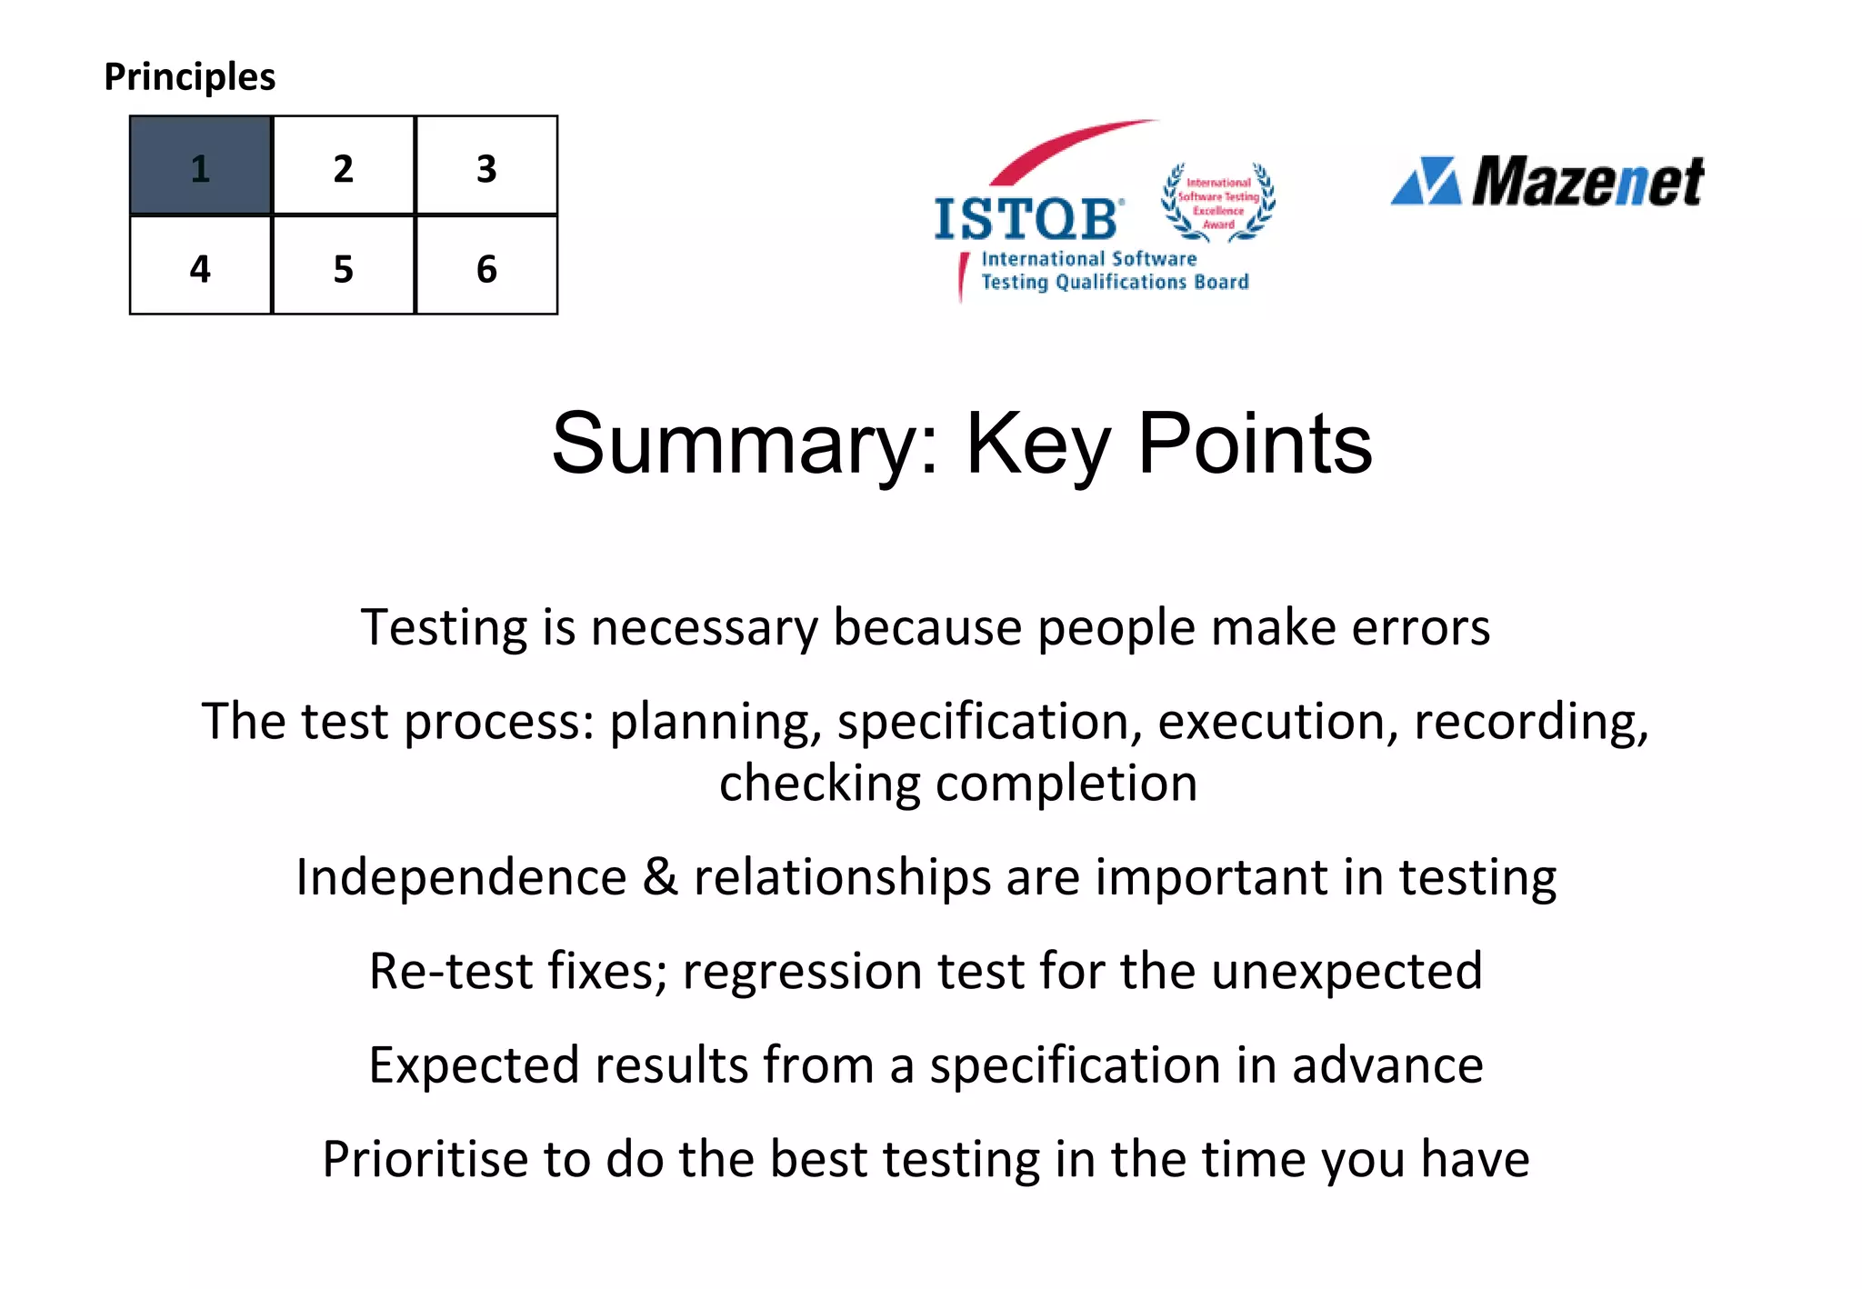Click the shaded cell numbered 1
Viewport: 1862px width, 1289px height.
tap(200, 165)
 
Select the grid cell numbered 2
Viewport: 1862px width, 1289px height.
tap(343, 165)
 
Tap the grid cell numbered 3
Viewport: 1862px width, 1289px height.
tap(486, 165)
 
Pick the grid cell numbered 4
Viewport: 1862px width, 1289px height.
tap(200, 265)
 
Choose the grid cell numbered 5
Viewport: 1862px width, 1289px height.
tap(343, 265)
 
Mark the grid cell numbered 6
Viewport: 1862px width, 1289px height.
tap(486, 265)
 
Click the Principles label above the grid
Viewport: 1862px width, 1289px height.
tap(189, 77)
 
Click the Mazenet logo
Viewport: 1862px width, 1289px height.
tap(1547, 182)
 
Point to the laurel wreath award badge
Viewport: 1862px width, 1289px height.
tap(1218, 203)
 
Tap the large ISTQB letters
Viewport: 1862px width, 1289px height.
tap(1027, 219)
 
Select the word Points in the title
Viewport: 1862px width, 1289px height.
tap(1255, 445)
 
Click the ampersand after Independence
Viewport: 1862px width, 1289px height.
tap(660, 877)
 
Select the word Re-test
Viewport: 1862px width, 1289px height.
tap(451, 971)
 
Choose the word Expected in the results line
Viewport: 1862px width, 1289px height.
tap(474, 1065)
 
